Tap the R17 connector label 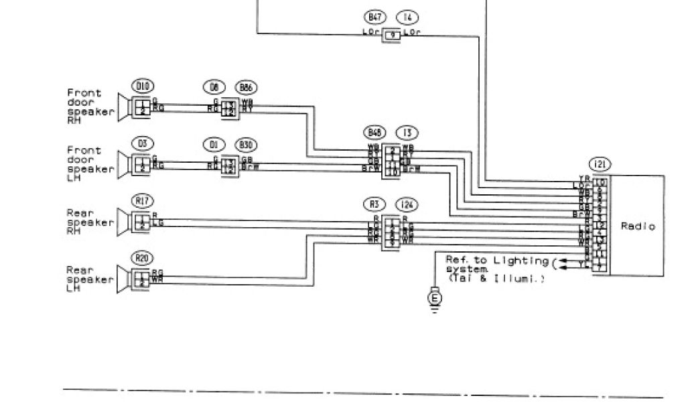[141, 199]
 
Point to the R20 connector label [141, 257]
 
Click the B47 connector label [374, 16]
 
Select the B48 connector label [374, 132]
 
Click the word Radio [637, 226]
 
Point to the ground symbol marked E [435, 297]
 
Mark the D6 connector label [214, 87]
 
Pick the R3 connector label [374, 203]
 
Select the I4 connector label [406, 16]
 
